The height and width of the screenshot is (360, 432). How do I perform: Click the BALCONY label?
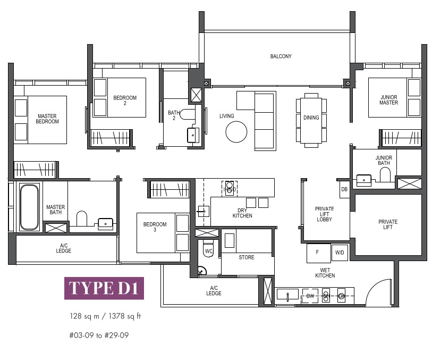click(x=281, y=56)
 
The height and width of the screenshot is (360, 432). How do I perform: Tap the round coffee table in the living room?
click(x=236, y=132)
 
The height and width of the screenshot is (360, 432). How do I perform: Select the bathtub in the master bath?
click(x=29, y=207)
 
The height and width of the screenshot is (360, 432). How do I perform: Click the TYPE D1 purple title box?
click(x=104, y=288)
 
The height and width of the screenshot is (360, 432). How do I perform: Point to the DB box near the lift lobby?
click(x=344, y=189)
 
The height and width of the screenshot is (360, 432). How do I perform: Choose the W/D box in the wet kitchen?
click(x=340, y=253)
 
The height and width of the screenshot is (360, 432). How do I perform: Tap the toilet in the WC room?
click(x=208, y=248)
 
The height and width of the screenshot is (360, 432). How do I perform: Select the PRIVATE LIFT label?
click(x=388, y=224)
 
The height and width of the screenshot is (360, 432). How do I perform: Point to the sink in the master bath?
click(x=106, y=223)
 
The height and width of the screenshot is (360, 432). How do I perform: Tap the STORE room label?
click(x=247, y=257)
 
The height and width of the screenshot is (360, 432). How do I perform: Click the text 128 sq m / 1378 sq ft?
click(x=105, y=316)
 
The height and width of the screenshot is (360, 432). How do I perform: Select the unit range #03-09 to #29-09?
click(x=99, y=335)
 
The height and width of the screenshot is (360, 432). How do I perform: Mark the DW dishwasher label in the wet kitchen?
click(x=310, y=296)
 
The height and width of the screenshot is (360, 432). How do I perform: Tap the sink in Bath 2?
click(x=193, y=135)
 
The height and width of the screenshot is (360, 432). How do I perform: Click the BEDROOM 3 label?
click(x=155, y=227)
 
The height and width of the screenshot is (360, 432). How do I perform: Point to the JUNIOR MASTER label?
click(x=389, y=100)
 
